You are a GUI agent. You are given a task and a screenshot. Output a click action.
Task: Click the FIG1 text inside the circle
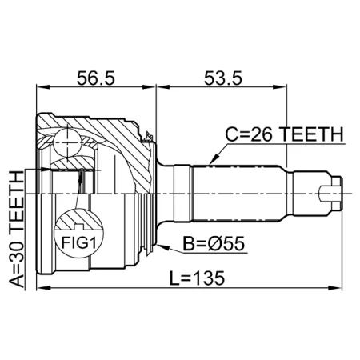(x=76, y=241)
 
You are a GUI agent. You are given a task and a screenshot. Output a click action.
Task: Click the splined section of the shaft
(x=240, y=192)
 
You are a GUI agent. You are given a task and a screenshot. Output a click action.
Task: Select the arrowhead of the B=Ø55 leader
(x=160, y=245)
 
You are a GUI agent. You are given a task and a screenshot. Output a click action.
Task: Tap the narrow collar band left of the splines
(x=183, y=192)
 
